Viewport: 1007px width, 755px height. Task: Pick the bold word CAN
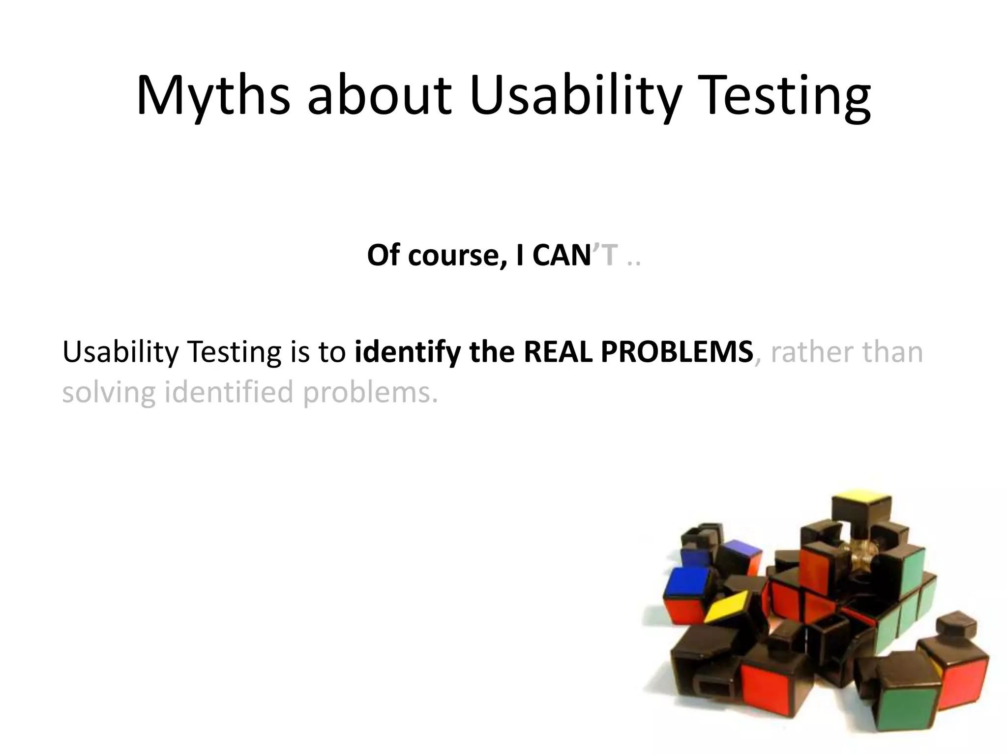click(x=562, y=256)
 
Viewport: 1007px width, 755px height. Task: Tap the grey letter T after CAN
click(x=610, y=256)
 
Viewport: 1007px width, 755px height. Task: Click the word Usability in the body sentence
click(x=120, y=352)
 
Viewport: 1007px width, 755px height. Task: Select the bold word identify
click(x=408, y=352)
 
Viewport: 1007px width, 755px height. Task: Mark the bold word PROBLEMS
click(x=677, y=352)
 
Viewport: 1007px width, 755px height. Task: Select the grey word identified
click(x=229, y=392)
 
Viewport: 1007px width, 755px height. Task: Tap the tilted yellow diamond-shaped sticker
click(x=727, y=604)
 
